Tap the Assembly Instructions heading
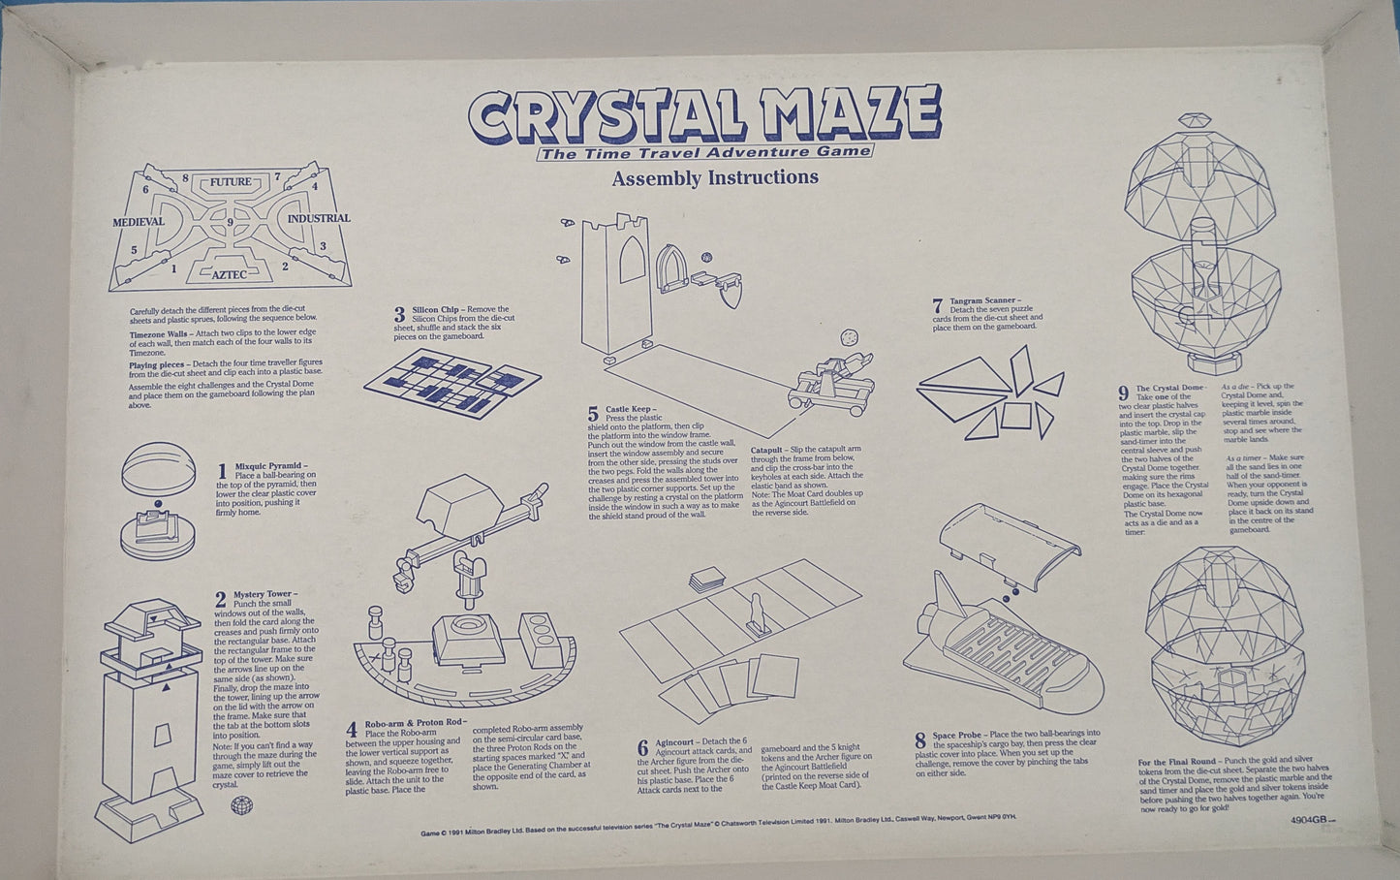click(x=715, y=177)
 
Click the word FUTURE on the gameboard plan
click(x=230, y=182)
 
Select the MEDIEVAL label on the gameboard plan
click(x=137, y=222)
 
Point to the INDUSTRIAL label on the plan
click(x=319, y=219)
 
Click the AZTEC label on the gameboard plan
click(x=233, y=275)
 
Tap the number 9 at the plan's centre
click(x=230, y=223)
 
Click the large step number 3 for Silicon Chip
click(x=399, y=315)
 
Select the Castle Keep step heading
click(x=631, y=410)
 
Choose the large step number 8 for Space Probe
click(x=919, y=742)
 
